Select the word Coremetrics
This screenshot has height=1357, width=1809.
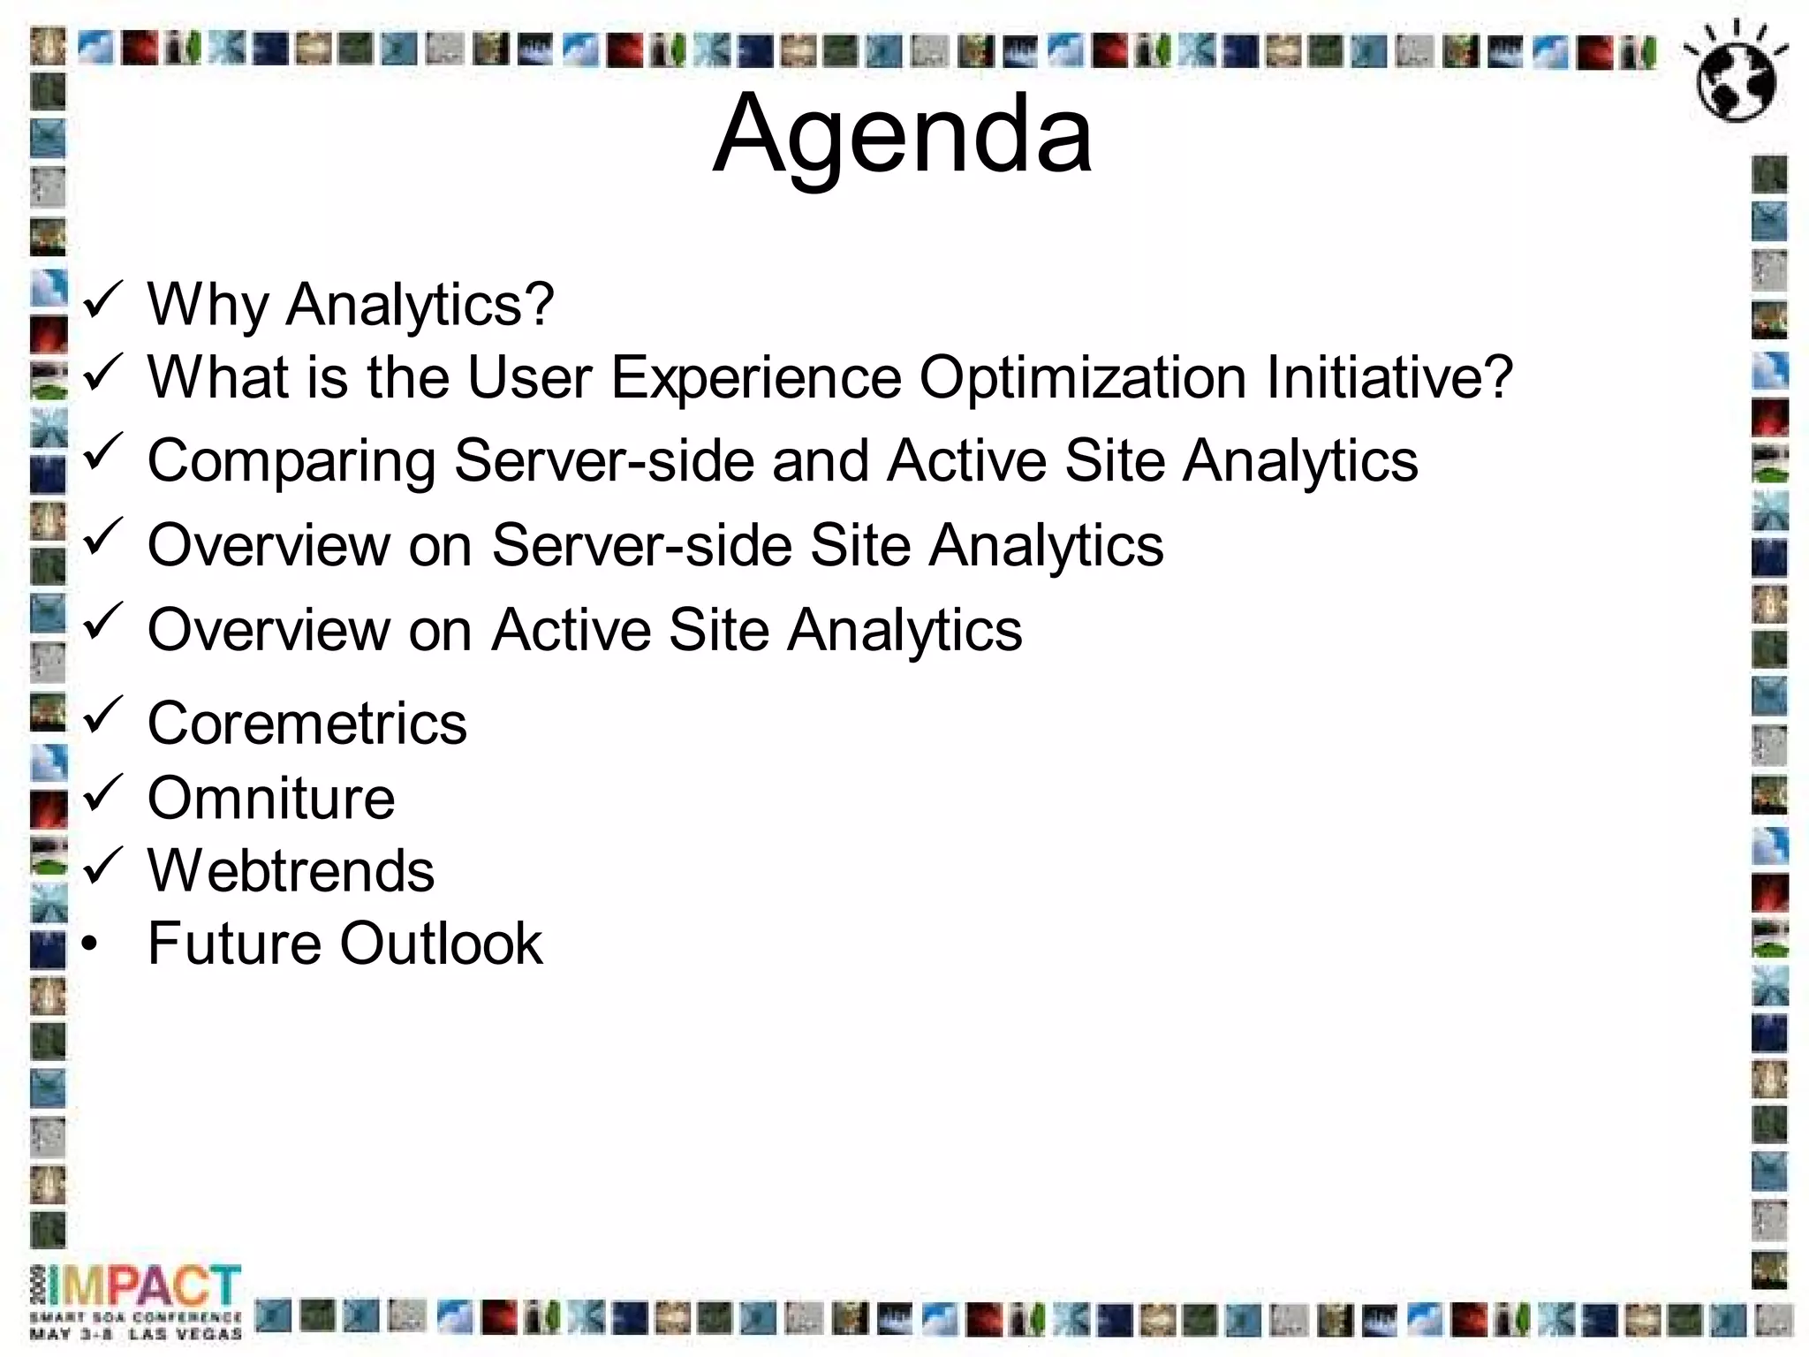(307, 724)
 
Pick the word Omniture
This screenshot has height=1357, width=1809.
(271, 799)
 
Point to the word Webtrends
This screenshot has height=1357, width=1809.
(291, 871)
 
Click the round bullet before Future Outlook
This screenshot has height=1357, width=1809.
(89, 944)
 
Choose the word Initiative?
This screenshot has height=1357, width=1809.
(1389, 378)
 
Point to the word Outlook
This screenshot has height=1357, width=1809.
(441, 944)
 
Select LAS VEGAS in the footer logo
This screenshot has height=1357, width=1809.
(185, 1333)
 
